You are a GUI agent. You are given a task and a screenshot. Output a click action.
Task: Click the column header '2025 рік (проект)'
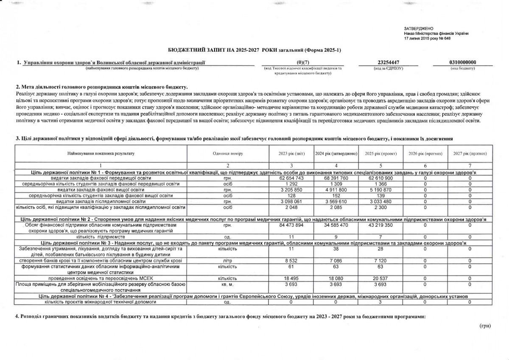[381, 153]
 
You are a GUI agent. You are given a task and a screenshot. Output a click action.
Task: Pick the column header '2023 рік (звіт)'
[291, 153]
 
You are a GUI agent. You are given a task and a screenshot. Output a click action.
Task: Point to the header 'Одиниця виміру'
[227, 153]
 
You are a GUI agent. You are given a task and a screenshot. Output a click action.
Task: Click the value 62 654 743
[291, 178]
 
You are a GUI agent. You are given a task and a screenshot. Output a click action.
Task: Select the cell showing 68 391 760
[336, 178]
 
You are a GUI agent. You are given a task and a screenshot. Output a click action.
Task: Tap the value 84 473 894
[291, 225]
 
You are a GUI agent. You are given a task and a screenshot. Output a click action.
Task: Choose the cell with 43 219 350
[381, 225]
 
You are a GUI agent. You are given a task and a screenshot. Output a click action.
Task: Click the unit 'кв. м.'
[227, 283]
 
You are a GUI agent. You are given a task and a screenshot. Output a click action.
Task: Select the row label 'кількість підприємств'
[100, 236]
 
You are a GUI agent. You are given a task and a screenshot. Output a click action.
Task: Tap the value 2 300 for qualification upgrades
[381, 207]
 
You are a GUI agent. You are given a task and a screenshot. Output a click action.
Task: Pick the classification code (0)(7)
[303, 62]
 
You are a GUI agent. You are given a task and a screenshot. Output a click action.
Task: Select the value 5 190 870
[381, 190]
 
